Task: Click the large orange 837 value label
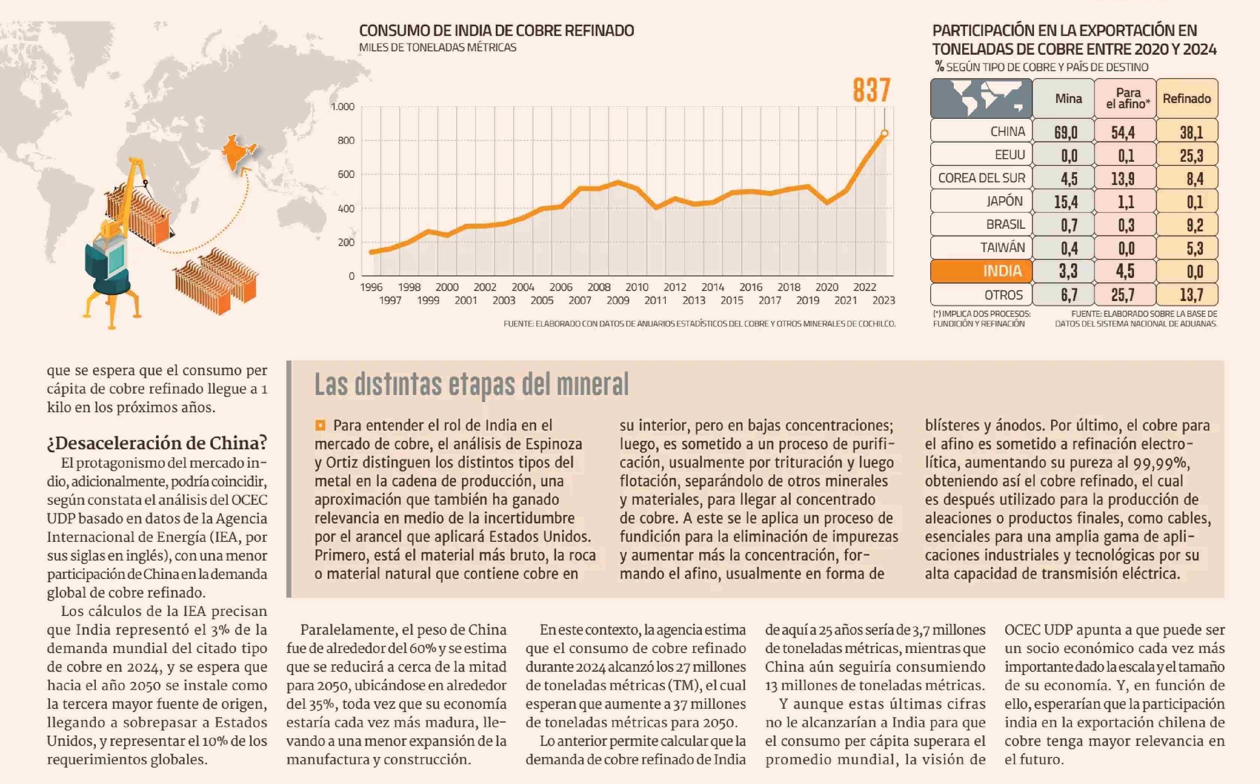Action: click(x=871, y=90)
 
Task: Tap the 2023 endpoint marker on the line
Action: click(x=885, y=133)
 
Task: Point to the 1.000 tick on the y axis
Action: click(x=342, y=107)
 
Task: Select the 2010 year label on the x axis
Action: click(x=637, y=287)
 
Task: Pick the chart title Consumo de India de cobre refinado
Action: click(x=496, y=31)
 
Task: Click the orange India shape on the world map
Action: click(x=236, y=151)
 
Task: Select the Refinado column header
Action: click(x=1186, y=98)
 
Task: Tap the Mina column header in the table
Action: click(x=1068, y=98)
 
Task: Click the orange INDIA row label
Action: click(x=1002, y=271)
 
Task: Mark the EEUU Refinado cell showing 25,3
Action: click(x=1191, y=155)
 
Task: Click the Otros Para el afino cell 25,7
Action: click(x=1122, y=295)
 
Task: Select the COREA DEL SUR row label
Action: click(x=982, y=178)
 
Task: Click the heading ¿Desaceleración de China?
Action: click(x=157, y=443)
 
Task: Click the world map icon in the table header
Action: click(x=980, y=98)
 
